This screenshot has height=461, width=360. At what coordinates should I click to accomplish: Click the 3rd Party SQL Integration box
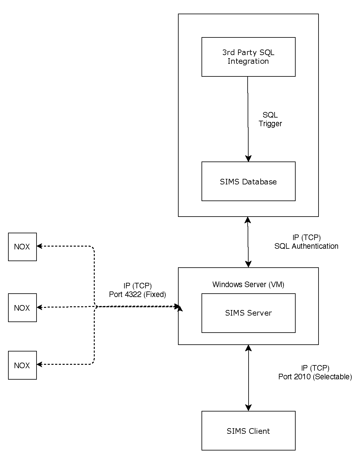[x=248, y=57]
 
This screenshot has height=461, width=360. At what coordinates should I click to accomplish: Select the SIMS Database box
[x=248, y=181]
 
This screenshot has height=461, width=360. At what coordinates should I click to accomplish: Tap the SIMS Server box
[x=248, y=313]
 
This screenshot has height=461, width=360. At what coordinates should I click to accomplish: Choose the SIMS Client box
[x=248, y=431]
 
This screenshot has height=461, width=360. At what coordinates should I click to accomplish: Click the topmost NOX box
[x=22, y=247]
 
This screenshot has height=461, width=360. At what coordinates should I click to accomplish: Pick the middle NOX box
[x=22, y=308]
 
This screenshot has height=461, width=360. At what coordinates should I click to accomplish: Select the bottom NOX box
[x=22, y=365]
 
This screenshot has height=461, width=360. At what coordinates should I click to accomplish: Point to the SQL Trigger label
[x=270, y=119]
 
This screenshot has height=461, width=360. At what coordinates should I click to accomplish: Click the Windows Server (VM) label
[x=248, y=285]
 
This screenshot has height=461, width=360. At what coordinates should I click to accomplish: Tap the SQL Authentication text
[x=306, y=246]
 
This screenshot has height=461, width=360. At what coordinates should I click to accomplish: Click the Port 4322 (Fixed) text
[x=137, y=295]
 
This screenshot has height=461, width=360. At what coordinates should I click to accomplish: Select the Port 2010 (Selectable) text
[x=315, y=377]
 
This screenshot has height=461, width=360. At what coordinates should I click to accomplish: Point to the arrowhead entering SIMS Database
[x=248, y=158]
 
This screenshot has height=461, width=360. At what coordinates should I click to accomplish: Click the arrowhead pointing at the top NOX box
[x=40, y=246]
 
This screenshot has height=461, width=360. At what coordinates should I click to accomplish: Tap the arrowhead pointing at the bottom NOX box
[x=40, y=364]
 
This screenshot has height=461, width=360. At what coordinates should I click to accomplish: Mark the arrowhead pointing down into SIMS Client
[x=248, y=408]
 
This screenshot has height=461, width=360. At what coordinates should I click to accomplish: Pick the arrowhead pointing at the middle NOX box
[x=40, y=307]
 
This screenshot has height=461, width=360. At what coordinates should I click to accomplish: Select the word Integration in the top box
[x=248, y=61]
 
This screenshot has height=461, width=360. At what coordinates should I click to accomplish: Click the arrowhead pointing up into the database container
[x=248, y=220]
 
